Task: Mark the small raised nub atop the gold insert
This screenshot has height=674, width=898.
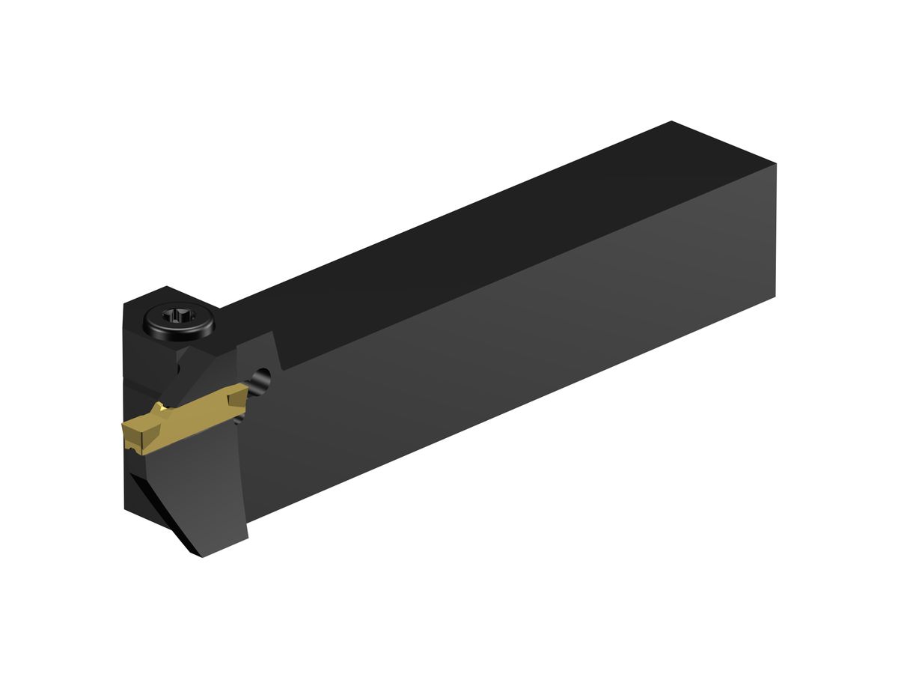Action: click(159, 409)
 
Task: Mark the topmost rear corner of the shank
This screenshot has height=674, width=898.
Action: click(672, 121)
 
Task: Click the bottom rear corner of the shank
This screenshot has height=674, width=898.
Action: click(775, 297)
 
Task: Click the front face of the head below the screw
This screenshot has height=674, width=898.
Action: click(146, 359)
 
